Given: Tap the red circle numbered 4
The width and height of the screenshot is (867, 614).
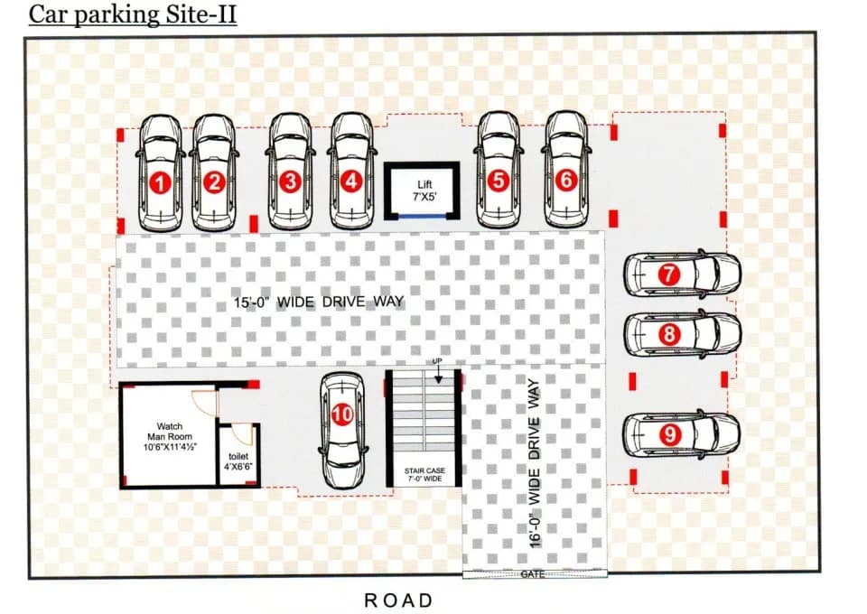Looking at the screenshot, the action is click(351, 181).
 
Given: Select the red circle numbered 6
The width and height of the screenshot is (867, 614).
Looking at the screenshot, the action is click(565, 181).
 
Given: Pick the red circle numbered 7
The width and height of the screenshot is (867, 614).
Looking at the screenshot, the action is click(669, 274).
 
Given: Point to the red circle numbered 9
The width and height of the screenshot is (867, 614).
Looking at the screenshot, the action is click(669, 434).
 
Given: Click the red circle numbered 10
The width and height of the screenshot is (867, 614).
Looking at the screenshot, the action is click(342, 414).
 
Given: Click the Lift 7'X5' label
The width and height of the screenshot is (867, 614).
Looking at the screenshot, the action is click(424, 191).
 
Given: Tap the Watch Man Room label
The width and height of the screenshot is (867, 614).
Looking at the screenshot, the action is click(170, 437).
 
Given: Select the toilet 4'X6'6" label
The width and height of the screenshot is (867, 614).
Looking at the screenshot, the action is click(238, 461).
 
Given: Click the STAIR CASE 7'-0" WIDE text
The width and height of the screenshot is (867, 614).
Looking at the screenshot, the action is click(424, 474).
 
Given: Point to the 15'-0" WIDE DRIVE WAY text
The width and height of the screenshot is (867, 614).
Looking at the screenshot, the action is click(319, 302).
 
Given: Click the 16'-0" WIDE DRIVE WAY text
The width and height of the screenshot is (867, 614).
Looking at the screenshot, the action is click(534, 463).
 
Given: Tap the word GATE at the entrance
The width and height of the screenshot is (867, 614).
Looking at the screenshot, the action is click(533, 575).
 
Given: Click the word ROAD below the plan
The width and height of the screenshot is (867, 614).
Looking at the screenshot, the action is click(398, 600).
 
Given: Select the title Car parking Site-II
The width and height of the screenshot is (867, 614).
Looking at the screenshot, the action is click(133, 14).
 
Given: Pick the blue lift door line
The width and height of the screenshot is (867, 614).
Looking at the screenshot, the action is click(422, 216).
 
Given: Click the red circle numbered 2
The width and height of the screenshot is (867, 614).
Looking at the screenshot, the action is click(215, 181).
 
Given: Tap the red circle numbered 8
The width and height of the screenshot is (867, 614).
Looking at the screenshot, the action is click(669, 334).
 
